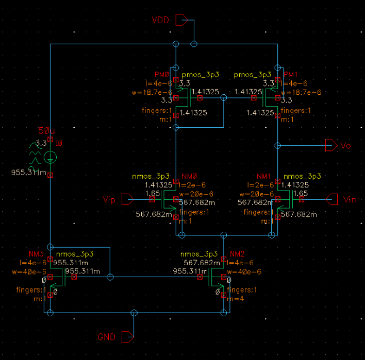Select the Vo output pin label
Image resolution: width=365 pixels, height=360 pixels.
[346, 146]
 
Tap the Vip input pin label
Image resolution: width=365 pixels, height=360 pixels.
[109, 199]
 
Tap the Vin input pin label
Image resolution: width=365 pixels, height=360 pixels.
[350, 199]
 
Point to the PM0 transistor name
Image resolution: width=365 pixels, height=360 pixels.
[162, 75]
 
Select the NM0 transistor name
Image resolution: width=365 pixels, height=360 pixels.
[186, 176]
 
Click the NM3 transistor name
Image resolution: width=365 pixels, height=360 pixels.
[36, 254]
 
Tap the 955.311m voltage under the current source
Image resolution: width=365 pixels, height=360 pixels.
[29, 173]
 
